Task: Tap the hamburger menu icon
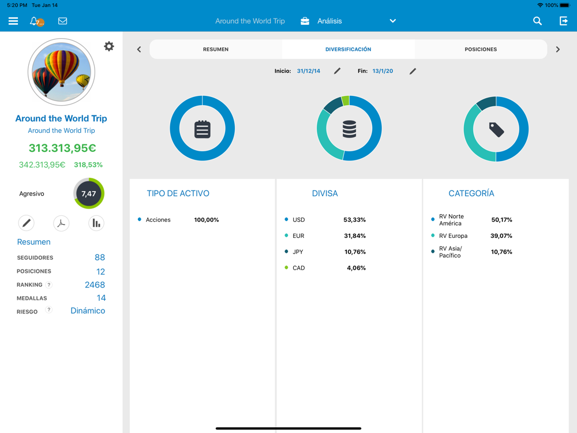tap(13, 21)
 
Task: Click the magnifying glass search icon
tap(537, 21)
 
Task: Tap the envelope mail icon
tap(62, 21)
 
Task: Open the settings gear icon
tap(108, 46)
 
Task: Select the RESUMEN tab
tap(215, 49)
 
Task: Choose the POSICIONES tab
tap(481, 49)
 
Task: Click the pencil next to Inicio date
tap(338, 71)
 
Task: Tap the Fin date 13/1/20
tap(383, 71)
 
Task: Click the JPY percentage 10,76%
tap(355, 252)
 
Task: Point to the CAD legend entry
tap(298, 268)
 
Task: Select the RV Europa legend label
tap(453, 236)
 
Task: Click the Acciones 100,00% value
tap(206, 220)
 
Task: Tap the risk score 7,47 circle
tap(89, 193)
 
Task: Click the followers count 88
tap(100, 257)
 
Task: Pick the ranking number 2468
tap(95, 285)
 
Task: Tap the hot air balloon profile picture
tap(61, 72)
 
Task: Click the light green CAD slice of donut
tap(346, 101)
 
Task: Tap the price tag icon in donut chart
tap(496, 129)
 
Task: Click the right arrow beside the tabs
tap(557, 49)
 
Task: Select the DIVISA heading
tap(325, 193)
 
